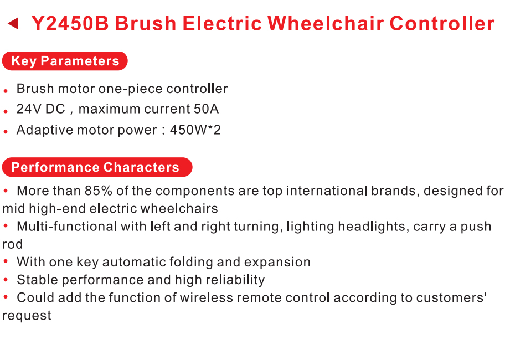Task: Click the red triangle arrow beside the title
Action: click(x=13, y=23)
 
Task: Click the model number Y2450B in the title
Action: click(x=70, y=23)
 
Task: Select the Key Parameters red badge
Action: click(x=65, y=61)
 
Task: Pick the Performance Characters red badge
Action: click(x=97, y=167)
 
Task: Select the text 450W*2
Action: click(x=195, y=130)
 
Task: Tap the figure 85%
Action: click(x=99, y=191)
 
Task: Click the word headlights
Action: click(x=372, y=227)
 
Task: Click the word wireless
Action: click(x=206, y=297)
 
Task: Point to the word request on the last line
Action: click(x=27, y=316)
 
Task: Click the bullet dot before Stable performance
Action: click(x=6, y=280)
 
